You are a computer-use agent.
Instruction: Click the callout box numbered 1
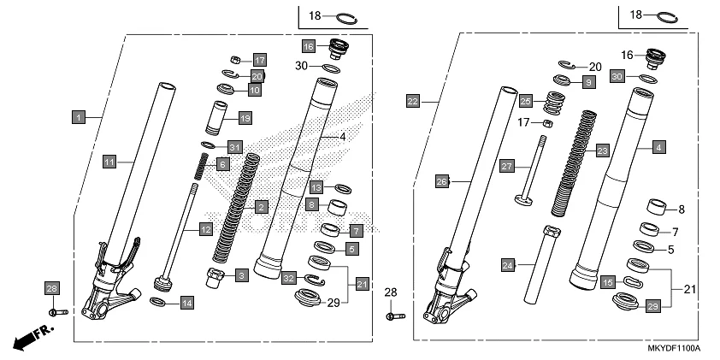pyautogui.click(x=78, y=115)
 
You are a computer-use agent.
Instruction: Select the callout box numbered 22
pyautogui.click(x=413, y=101)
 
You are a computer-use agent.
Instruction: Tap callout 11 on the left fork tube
pyautogui.click(x=109, y=160)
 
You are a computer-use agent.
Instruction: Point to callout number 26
pyautogui.click(x=442, y=181)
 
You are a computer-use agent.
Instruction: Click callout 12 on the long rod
pyautogui.click(x=205, y=228)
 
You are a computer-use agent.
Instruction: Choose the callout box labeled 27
pyautogui.click(x=505, y=166)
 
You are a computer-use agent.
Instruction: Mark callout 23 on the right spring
pyautogui.click(x=602, y=150)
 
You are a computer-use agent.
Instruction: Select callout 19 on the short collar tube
pyautogui.click(x=245, y=117)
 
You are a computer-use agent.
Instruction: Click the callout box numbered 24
pyautogui.click(x=508, y=266)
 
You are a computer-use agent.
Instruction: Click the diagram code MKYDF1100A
pyautogui.click(x=672, y=349)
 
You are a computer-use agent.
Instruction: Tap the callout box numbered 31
pyautogui.click(x=235, y=146)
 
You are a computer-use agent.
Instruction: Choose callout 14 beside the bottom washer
pyautogui.click(x=186, y=302)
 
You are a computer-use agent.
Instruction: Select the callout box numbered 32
pyautogui.click(x=289, y=278)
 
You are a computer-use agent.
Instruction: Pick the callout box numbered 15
pyautogui.click(x=608, y=281)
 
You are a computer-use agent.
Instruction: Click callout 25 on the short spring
pyautogui.click(x=526, y=101)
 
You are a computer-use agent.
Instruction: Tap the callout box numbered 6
pyautogui.click(x=221, y=163)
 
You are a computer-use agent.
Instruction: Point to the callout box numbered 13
pyautogui.click(x=316, y=186)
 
